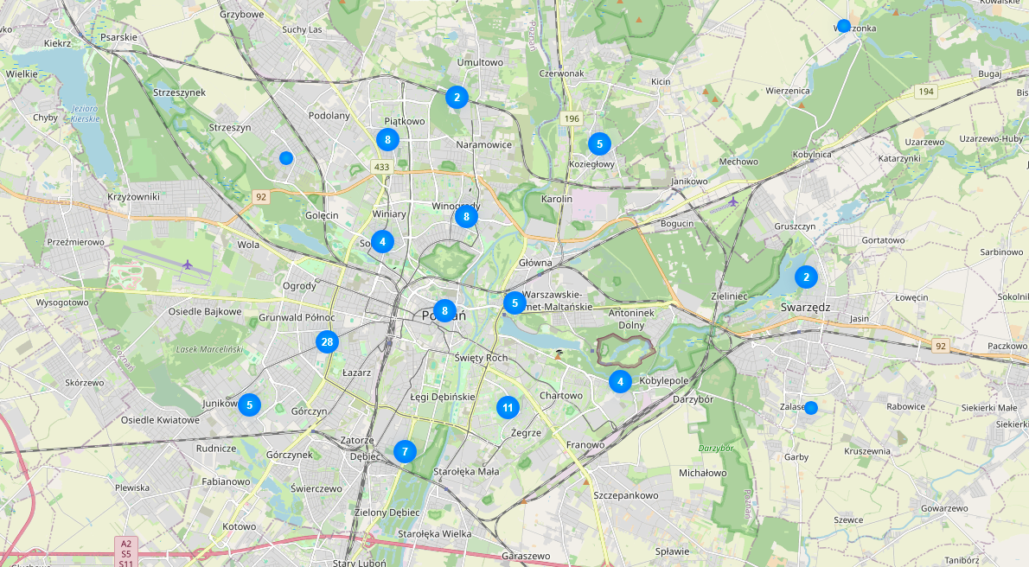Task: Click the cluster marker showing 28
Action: coord(327,342)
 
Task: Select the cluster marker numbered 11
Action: coord(508,407)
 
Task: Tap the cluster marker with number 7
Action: coord(404,451)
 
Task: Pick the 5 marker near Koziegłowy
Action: coord(599,143)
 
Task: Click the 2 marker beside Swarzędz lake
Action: coord(807,277)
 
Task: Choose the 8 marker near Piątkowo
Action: coord(387,139)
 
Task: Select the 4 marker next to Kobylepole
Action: coord(620,381)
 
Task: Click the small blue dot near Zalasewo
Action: coord(811,408)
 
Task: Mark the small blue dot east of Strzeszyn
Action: coord(286,157)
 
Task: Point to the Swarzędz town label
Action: coord(805,307)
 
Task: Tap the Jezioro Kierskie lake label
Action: coord(83,114)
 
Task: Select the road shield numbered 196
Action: coord(571,118)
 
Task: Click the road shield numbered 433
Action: coord(381,166)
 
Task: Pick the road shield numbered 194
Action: coord(927,91)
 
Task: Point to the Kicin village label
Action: coord(661,82)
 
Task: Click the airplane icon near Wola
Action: coord(188,264)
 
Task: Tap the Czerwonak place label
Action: coord(561,73)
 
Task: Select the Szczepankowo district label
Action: coord(626,495)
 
